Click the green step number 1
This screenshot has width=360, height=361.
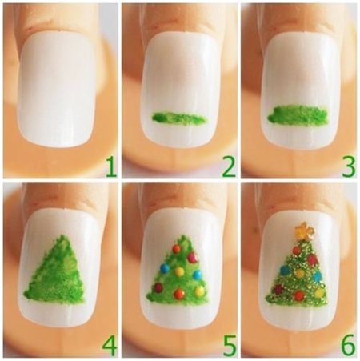[x=111, y=167]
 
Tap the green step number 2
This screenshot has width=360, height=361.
[x=229, y=167]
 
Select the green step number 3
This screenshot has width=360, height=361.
[x=349, y=167]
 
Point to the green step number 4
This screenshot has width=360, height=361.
[x=110, y=346]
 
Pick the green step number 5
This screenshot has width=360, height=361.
[x=230, y=346]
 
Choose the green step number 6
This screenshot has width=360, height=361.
[x=349, y=346]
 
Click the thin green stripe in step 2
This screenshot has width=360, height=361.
[x=179, y=118]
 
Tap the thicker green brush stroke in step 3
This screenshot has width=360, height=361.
[x=298, y=115]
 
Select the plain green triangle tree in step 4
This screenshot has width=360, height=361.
[x=55, y=270]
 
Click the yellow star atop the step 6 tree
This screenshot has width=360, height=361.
[x=304, y=230]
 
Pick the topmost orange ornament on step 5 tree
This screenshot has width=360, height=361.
[x=177, y=249]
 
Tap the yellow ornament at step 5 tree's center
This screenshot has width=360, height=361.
[x=179, y=271]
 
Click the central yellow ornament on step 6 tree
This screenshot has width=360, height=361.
[x=300, y=273]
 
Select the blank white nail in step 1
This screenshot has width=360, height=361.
[x=58, y=90]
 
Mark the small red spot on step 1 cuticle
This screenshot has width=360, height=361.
[x=30, y=28]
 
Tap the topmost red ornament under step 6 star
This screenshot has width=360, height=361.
[x=297, y=250]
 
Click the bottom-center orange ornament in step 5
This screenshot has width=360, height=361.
[x=179, y=294]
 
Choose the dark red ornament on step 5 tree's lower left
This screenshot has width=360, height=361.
[x=158, y=287]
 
